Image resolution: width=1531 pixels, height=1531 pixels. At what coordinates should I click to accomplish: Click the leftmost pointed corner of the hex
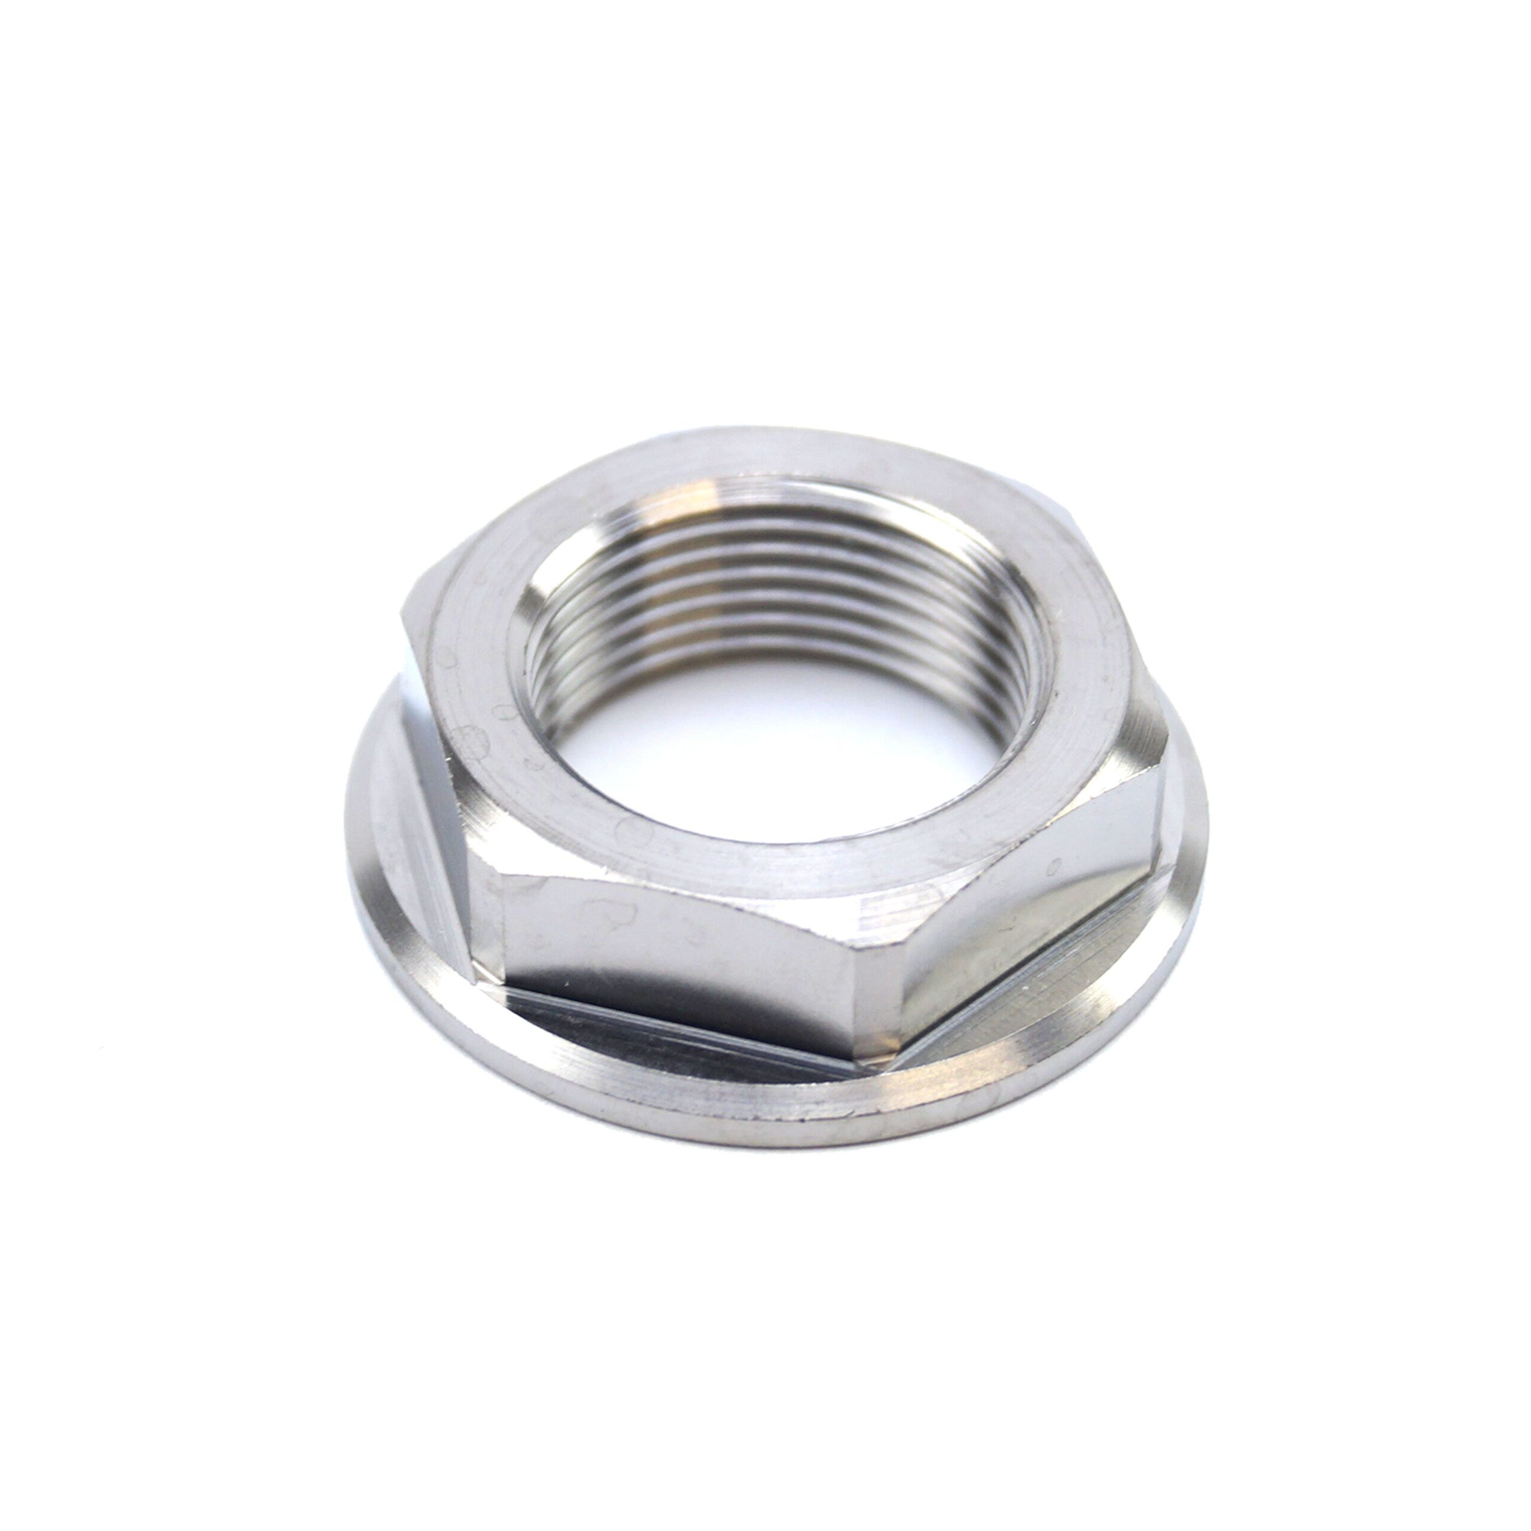click(x=404, y=626)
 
